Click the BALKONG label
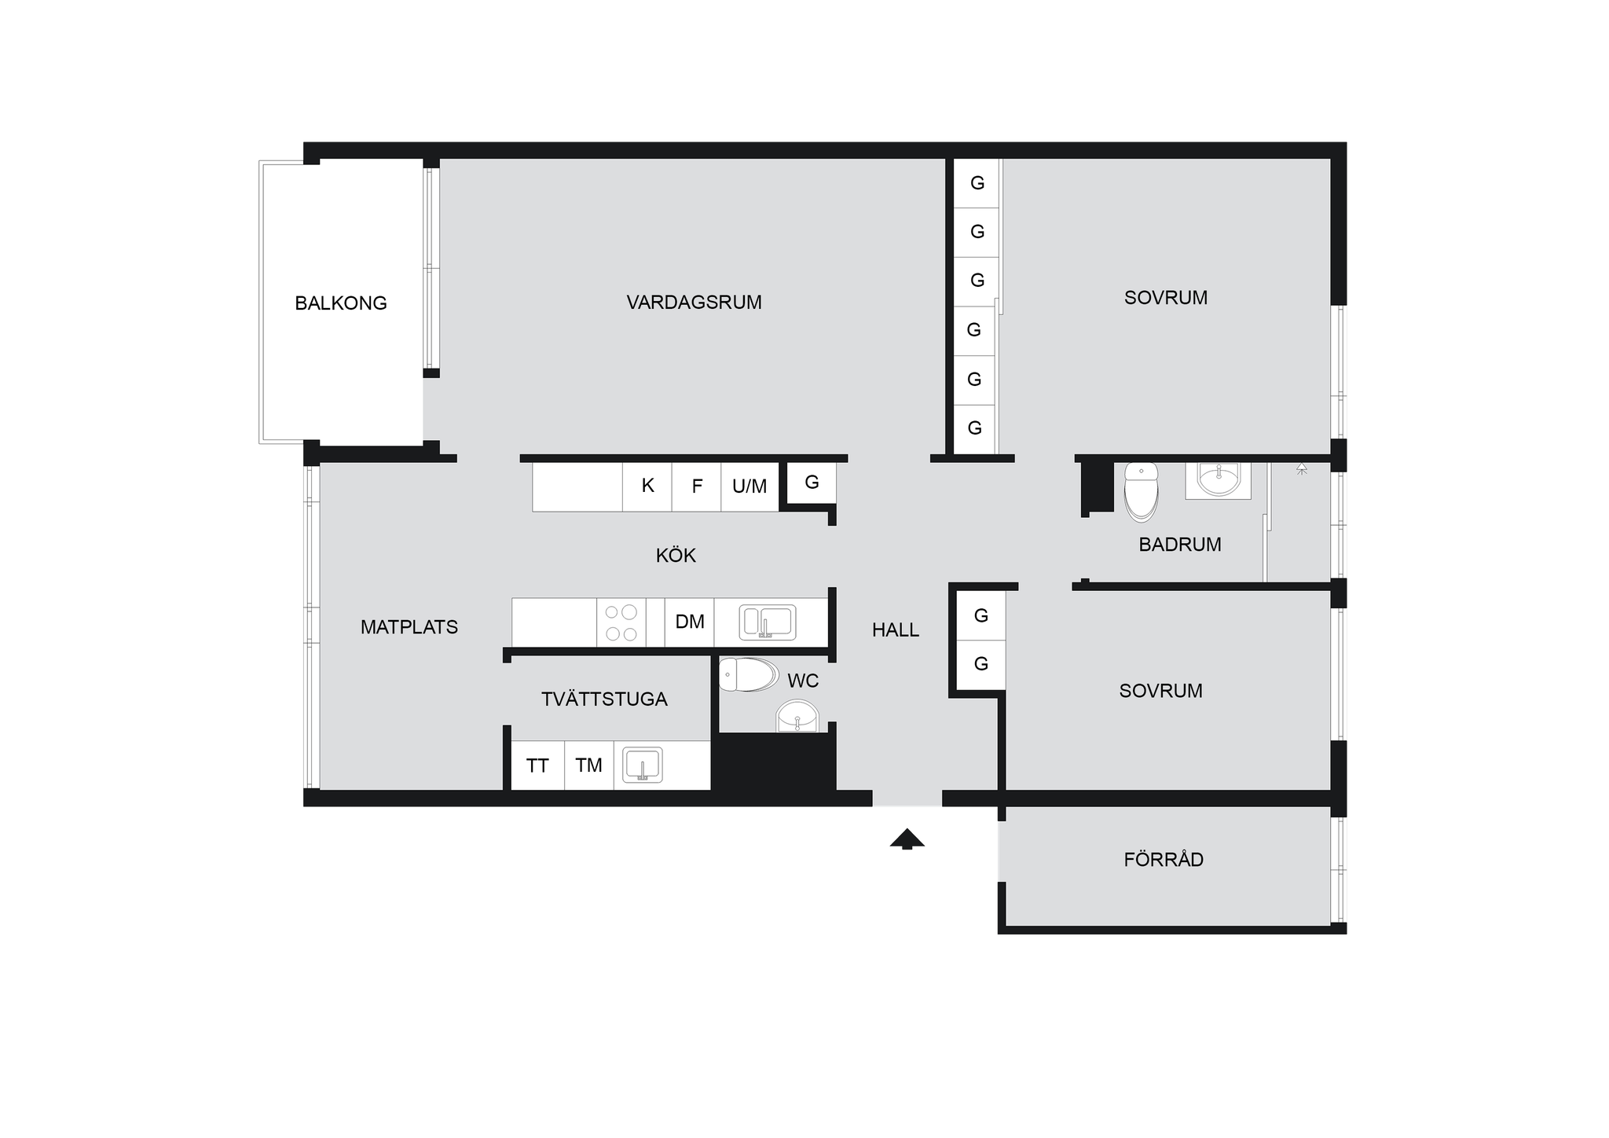tap(341, 303)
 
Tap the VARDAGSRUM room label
tap(694, 303)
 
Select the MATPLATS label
tap(409, 627)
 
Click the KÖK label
tap(676, 555)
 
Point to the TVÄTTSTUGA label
tap(604, 699)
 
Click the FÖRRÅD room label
tap(1164, 858)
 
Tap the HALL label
tap(896, 630)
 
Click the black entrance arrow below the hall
tap(907, 839)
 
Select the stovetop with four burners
tap(621, 622)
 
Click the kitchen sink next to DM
tap(768, 622)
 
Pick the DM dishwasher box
tap(690, 622)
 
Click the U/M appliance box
tap(750, 486)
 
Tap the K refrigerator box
tap(647, 486)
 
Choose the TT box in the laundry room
tap(537, 765)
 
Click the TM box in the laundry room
tap(589, 765)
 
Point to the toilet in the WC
tap(748, 674)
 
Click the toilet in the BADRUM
tap(1142, 493)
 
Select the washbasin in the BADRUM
tap(1219, 479)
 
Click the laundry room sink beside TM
tap(643, 765)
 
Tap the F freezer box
tap(697, 486)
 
